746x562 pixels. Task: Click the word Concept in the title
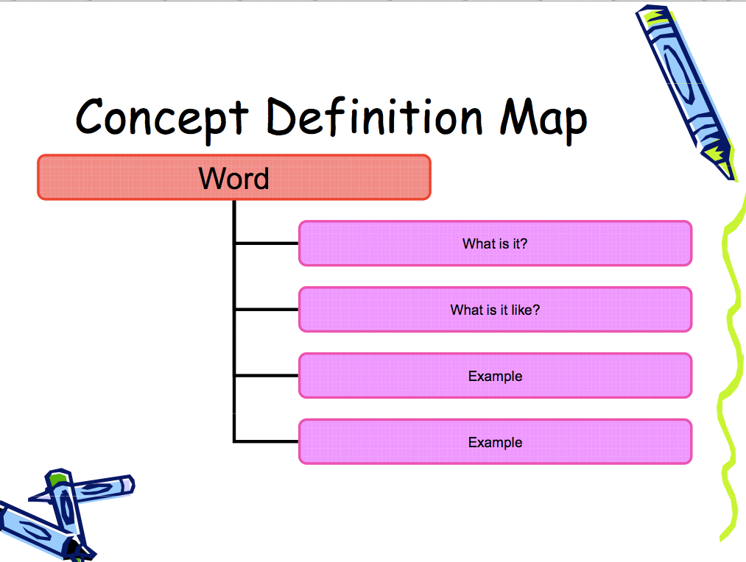tap(162, 118)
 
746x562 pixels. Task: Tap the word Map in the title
tap(543, 119)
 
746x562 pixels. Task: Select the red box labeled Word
tap(234, 177)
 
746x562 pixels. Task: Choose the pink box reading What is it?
tap(496, 243)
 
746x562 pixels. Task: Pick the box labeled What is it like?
tap(496, 309)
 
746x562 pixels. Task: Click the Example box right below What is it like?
tap(496, 375)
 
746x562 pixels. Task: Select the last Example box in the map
tap(496, 441)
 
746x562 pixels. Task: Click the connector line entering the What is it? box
tap(267, 243)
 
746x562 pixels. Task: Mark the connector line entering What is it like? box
tap(267, 309)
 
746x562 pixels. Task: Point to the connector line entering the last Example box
tap(267, 441)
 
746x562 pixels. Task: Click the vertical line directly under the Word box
tap(234, 321)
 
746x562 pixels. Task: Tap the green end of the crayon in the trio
tap(57, 479)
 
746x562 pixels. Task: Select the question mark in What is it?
tap(524, 243)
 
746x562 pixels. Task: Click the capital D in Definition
tap(281, 115)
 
